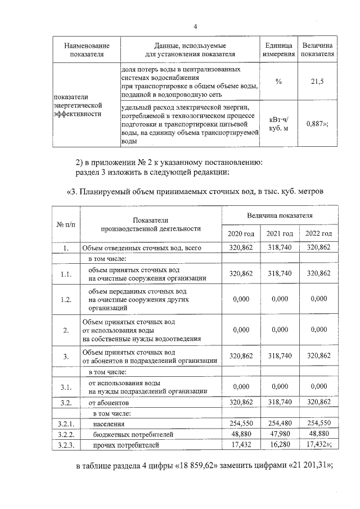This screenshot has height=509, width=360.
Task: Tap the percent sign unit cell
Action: click(x=278, y=82)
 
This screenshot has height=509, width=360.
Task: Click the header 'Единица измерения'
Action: click(x=278, y=50)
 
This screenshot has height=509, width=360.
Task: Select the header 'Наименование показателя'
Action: click(x=87, y=50)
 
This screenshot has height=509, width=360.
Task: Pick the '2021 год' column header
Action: click(x=280, y=233)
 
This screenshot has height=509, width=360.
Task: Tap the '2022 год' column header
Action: click(x=318, y=233)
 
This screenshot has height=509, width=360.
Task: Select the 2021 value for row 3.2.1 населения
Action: click(x=280, y=424)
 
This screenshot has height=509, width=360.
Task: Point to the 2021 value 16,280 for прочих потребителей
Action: click(x=280, y=445)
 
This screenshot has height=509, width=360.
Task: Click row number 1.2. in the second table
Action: click(x=66, y=299)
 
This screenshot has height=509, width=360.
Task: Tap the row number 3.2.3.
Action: click(x=66, y=445)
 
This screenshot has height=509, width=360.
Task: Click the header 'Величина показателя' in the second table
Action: click(x=280, y=215)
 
